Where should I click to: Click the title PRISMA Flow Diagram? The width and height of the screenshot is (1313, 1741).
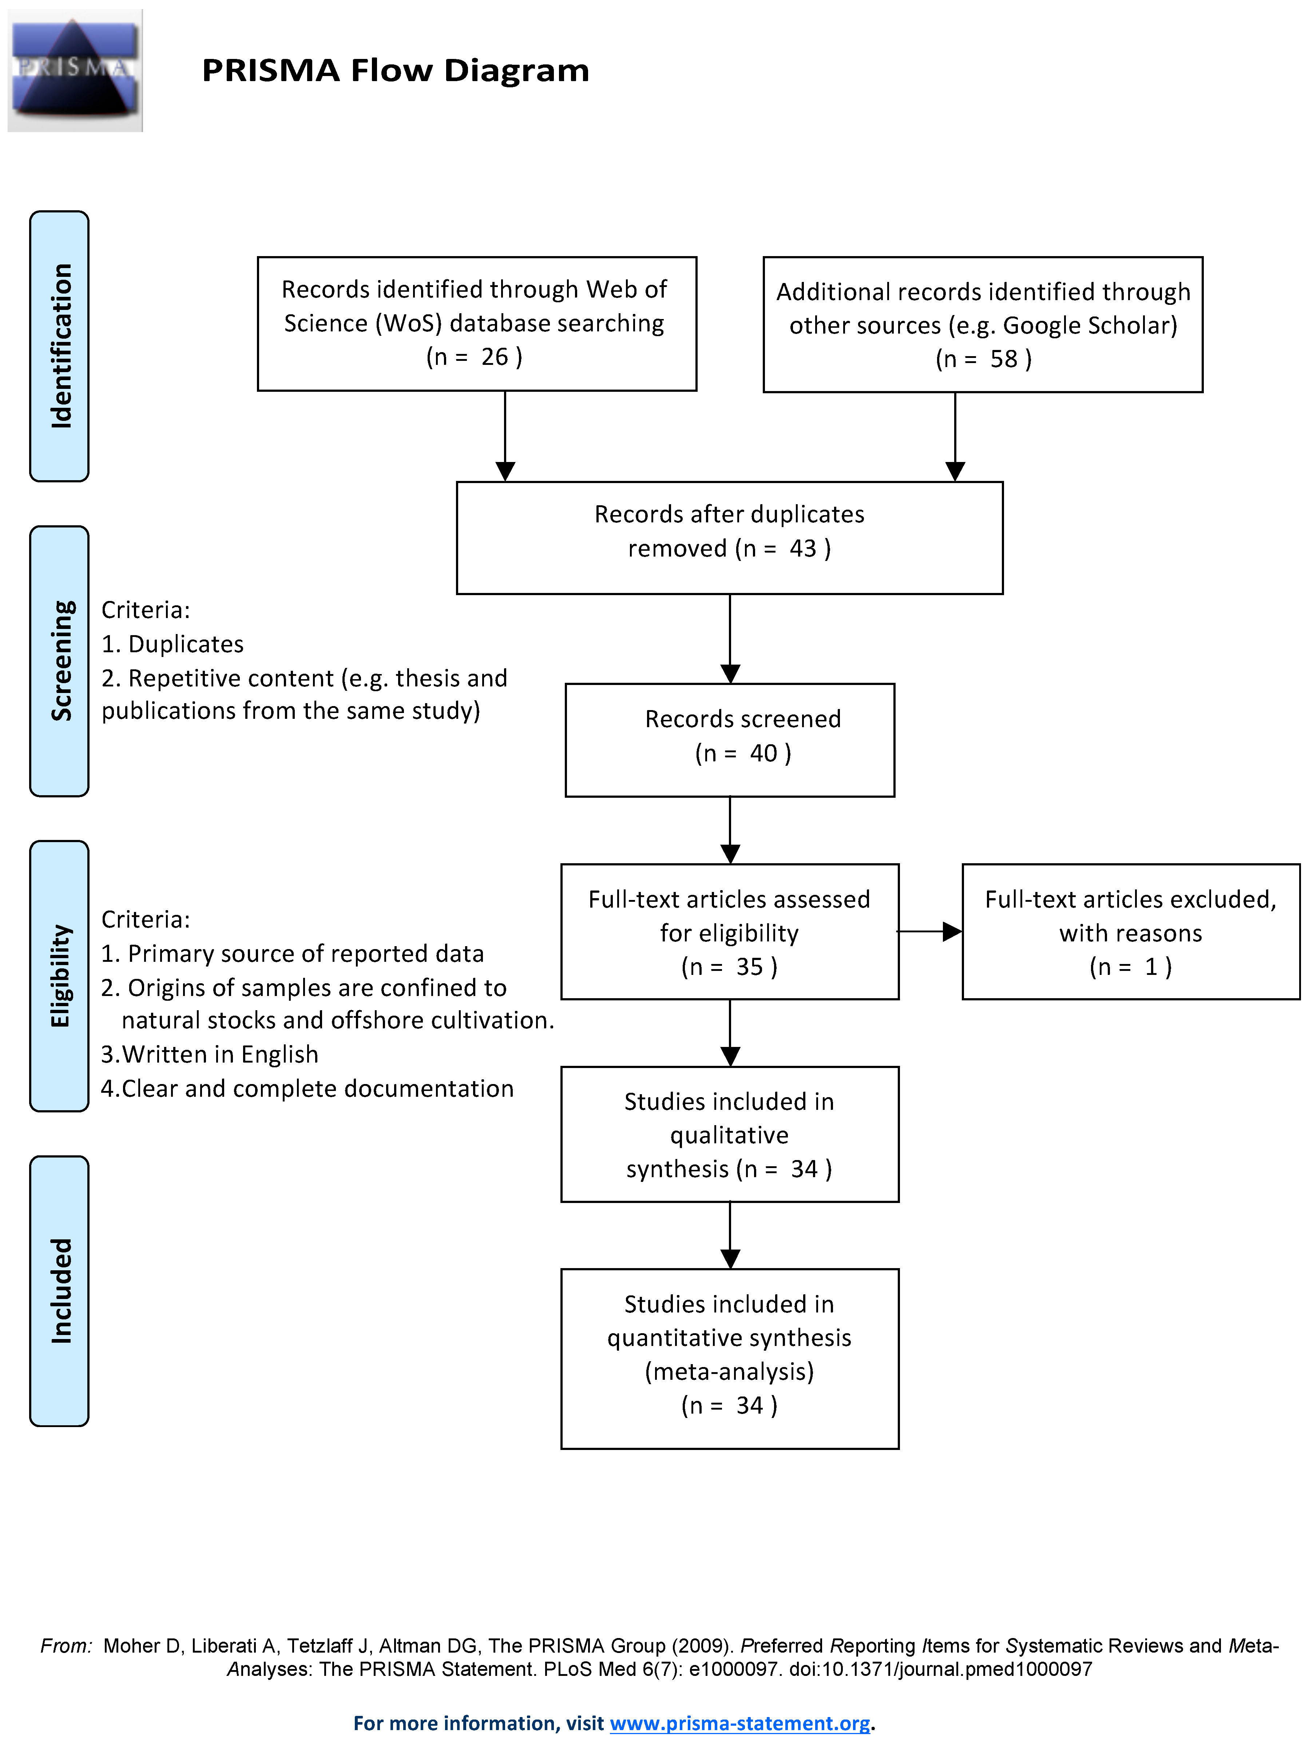click(395, 70)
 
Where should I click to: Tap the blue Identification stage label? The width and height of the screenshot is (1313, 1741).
click(59, 346)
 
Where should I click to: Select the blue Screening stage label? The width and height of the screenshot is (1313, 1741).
click(59, 661)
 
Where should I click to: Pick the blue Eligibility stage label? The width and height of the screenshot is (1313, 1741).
click(59, 976)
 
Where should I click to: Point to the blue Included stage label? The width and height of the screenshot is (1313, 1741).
click(59, 1291)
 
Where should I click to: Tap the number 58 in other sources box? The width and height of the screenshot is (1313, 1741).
click(1004, 359)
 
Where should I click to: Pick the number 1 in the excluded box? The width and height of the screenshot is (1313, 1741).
click(1151, 967)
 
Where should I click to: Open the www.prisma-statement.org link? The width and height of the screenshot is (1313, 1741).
click(740, 1723)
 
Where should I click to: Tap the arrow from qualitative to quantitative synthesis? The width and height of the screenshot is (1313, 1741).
click(730, 1235)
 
